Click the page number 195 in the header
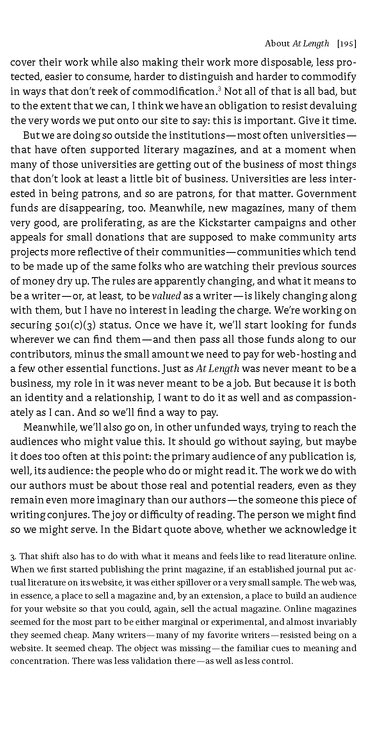tap(346, 44)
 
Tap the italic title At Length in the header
tap(311, 44)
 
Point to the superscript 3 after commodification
tap(220, 89)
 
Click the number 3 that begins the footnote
tap(13, 557)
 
